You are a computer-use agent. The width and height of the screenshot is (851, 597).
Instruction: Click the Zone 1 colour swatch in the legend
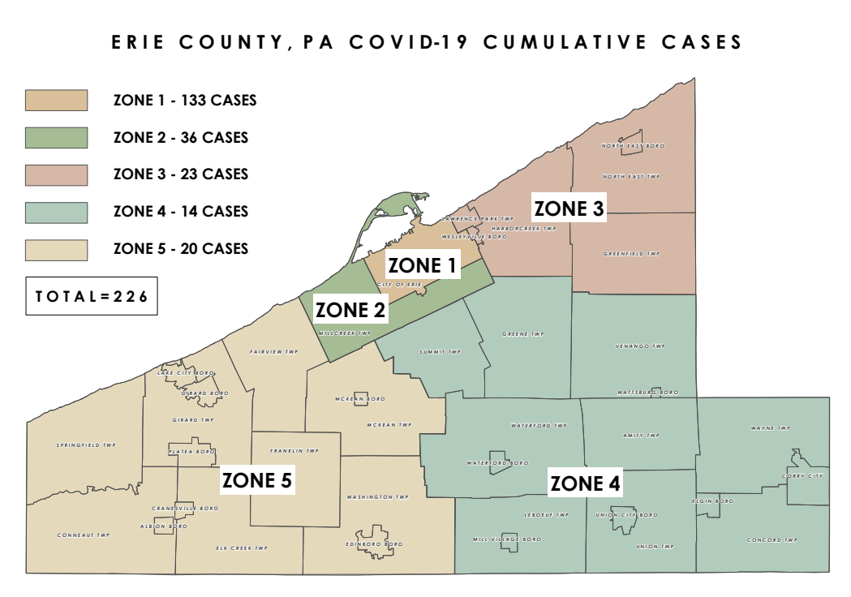coord(56,101)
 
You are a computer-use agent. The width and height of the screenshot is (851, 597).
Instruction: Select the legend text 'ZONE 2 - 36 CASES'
coord(180,138)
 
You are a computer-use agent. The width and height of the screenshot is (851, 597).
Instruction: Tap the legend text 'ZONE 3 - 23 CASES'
coord(180,174)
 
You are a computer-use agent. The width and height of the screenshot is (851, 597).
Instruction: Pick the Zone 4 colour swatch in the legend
coord(56,212)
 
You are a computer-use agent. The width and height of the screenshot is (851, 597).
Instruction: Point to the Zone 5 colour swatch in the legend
coord(56,249)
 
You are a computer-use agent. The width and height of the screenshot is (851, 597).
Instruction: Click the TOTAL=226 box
coord(91,297)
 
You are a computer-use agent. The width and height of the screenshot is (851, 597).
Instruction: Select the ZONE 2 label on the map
coord(350,310)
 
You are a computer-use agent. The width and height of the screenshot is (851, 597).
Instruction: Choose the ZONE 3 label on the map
coord(569,208)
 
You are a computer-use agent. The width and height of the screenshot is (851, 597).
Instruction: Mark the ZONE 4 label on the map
coord(585,484)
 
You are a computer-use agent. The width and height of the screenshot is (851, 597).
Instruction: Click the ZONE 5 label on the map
coord(257,480)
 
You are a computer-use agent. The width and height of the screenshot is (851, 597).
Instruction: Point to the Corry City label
coord(802,476)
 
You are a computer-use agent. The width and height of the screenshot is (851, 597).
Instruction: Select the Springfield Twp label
coord(86,445)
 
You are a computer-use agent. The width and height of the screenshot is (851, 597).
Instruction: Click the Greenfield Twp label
coord(631,254)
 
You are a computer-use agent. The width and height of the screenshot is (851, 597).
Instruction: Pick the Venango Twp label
coord(640,346)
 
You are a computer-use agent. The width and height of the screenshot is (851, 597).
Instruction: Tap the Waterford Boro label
coord(497,463)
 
